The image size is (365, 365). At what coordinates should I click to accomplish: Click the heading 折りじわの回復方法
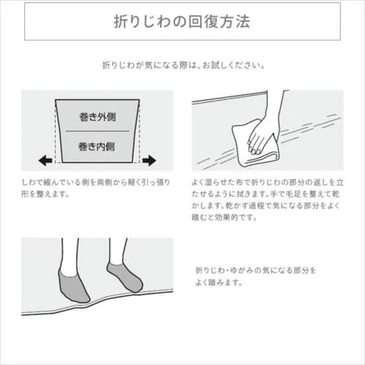pos(182,22)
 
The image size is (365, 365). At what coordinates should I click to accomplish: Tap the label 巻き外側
pos(97,117)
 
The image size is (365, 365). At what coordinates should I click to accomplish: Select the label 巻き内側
pos(96,147)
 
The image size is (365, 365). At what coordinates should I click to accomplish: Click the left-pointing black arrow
pos(45,161)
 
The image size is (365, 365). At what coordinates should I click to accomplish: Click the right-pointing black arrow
pos(149,161)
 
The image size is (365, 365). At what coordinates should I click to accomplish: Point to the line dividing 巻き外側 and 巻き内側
pos(97,131)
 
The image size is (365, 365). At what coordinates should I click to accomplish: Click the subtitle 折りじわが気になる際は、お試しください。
pos(183,65)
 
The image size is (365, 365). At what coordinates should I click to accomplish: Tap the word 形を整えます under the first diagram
pos(42,194)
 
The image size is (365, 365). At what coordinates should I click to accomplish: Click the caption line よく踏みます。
pos(218,283)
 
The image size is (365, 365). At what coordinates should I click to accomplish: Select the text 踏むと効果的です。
pos(224,217)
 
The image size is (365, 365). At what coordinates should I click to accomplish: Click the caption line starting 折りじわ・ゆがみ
pos(255,270)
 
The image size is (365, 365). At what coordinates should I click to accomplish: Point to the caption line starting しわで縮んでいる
pos(96,182)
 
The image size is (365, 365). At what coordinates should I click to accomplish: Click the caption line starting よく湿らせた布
pos(267,182)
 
